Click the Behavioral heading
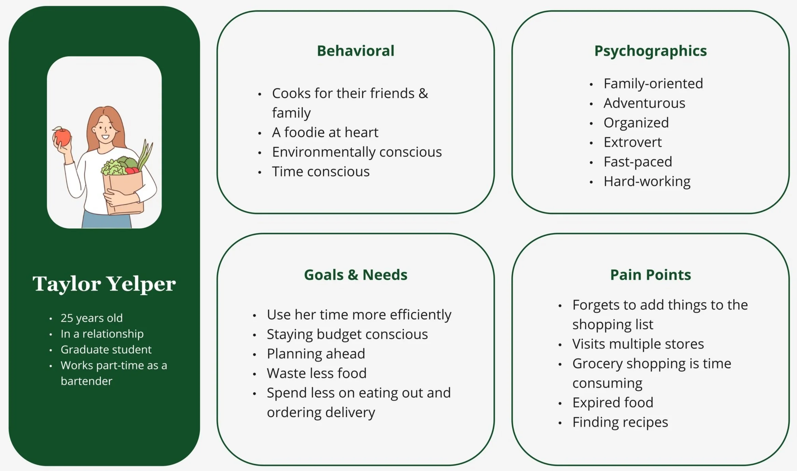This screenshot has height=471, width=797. point(355,51)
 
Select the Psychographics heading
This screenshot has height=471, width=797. point(650,51)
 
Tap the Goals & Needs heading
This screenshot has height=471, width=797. point(355,275)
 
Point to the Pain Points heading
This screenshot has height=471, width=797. point(650,275)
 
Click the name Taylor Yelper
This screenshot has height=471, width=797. point(104,283)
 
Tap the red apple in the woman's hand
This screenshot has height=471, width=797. point(63,136)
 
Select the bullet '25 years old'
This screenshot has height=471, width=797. point(91,318)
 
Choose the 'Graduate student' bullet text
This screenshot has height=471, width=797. point(106,350)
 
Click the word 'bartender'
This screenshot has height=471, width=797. point(86,381)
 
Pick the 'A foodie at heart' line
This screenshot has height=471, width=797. point(325,132)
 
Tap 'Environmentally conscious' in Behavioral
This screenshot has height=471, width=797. point(357,152)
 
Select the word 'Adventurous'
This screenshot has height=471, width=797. point(644,103)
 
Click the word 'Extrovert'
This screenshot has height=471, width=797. point(632,142)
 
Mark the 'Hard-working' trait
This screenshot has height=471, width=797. point(647,181)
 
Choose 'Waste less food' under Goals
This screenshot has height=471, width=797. point(316,373)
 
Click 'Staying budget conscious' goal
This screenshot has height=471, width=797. point(347,334)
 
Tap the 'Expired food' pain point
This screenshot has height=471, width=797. point(613,402)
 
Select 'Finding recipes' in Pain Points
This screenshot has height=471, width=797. point(620,422)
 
